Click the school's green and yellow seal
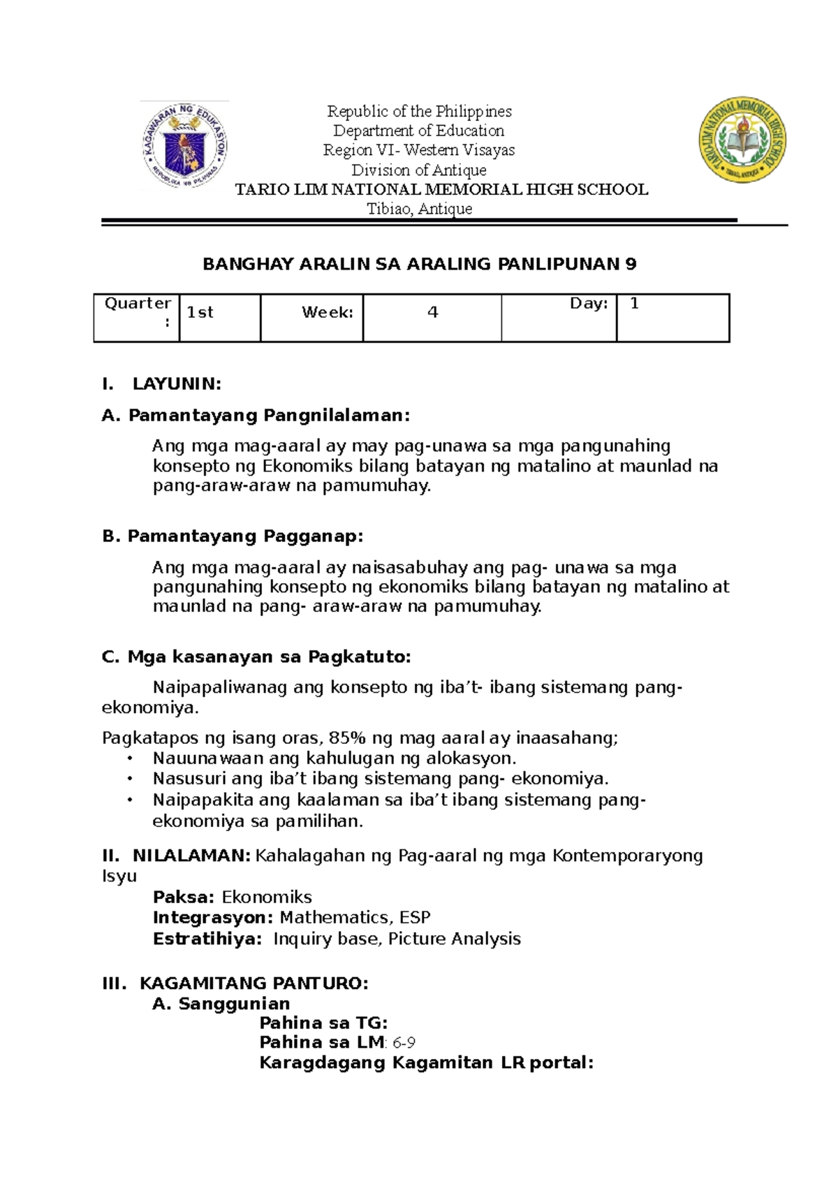pos(742,140)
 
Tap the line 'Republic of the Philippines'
pos(419,111)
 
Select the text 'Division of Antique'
pos(419,170)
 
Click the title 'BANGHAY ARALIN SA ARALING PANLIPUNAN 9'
pos(419,264)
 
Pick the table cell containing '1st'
pos(219,317)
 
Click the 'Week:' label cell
pos(311,317)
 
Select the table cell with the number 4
pos(432,317)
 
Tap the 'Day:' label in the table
pos(589,303)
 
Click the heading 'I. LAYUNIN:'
pos(161,383)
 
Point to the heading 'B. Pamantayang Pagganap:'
pos(233,536)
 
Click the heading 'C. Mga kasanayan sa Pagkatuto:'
pos(256,657)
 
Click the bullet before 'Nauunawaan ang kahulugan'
pos(129,759)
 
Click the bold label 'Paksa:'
pos(184,897)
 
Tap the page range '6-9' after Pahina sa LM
pos(404,1043)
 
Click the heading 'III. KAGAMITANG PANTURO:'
pos(235,983)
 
